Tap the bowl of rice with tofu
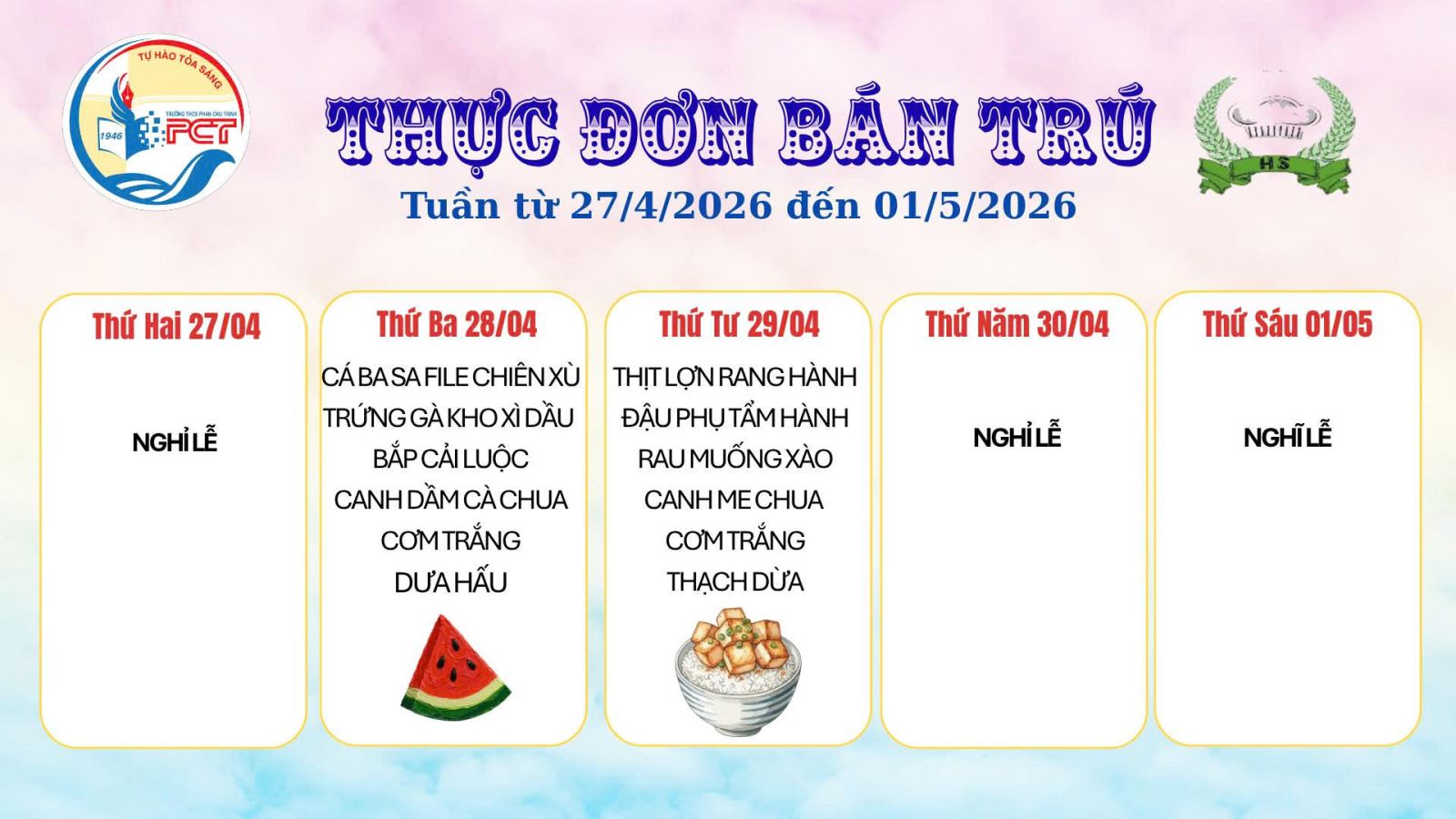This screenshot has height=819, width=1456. click(738, 672)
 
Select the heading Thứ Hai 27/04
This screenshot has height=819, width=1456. click(177, 327)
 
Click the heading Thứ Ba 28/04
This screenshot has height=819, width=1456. click(456, 324)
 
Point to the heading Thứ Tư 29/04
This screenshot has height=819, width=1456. click(739, 324)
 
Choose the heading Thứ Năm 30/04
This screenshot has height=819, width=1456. click(1017, 324)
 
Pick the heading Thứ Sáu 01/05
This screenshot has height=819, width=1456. click(1288, 324)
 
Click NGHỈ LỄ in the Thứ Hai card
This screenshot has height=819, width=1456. click(174, 442)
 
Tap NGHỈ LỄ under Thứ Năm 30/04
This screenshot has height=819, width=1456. click(1017, 437)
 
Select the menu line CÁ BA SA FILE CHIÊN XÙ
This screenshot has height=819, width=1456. click(450, 378)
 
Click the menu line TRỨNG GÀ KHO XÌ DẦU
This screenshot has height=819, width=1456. click(449, 418)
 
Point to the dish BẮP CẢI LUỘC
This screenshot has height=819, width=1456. click(450, 459)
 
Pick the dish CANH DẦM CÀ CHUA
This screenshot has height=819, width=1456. click(450, 500)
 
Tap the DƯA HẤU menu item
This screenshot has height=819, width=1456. click(450, 582)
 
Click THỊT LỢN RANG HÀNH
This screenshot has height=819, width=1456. click(735, 378)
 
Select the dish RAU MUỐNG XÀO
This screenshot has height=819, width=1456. click(735, 459)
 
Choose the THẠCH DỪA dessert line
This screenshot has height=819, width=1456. click(735, 581)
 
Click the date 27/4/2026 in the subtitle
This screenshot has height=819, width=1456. click(671, 206)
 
